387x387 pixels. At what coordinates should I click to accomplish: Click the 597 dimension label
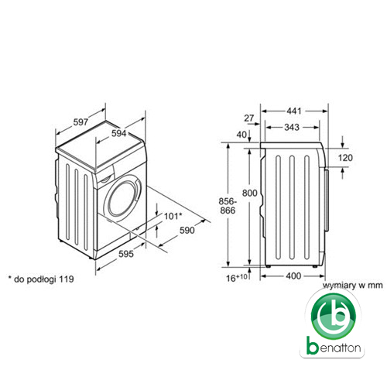click(x=80, y=122)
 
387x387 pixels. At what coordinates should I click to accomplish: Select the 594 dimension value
click(x=119, y=133)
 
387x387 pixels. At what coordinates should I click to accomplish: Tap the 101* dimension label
click(x=173, y=216)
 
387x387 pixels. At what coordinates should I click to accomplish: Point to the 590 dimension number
click(x=187, y=230)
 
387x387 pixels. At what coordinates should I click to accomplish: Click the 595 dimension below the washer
click(x=126, y=254)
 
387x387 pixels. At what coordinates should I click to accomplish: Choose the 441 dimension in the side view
click(x=294, y=111)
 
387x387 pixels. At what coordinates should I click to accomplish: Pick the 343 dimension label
click(x=292, y=127)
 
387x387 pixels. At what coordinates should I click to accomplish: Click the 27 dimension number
click(x=249, y=118)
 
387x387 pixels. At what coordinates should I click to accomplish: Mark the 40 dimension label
click(x=241, y=135)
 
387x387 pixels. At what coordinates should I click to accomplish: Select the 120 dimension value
click(x=345, y=158)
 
